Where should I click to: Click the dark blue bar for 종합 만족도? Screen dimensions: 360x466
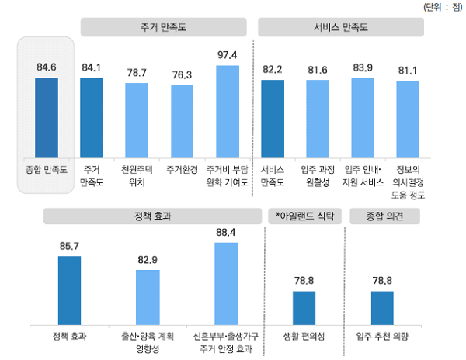pos(47,116)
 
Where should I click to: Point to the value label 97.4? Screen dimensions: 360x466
pos(228,55)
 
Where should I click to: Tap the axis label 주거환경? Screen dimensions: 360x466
pos(182,168)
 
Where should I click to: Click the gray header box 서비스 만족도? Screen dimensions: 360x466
pos(341,27)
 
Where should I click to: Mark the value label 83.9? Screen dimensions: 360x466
pos(363,67)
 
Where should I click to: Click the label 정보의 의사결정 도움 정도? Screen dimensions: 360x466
pos(408,175)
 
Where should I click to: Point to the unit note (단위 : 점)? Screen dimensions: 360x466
pos(440,7)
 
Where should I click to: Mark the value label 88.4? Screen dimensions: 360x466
pos(226,232)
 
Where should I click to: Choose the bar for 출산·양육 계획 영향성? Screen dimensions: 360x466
pos(148,298)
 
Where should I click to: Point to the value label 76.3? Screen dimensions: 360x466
pos(182,75)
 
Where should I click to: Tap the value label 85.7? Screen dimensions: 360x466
pos(69,246)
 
